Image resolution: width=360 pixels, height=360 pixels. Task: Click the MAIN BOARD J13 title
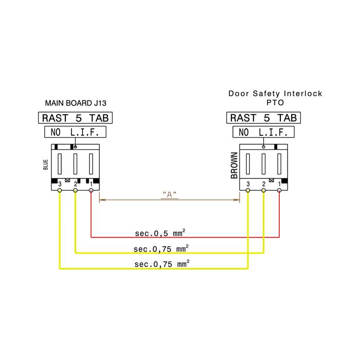coord(76,103)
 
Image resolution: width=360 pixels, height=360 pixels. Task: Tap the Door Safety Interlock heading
coord(275,94)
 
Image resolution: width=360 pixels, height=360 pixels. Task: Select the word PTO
coord(275,103)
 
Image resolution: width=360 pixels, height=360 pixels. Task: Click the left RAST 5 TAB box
coord(75,118)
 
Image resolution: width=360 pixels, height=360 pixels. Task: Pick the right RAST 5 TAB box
coord(263,118)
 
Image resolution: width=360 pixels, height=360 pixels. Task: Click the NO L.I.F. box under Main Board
coord(75,132)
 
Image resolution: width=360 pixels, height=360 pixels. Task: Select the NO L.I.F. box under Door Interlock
coord(263,132)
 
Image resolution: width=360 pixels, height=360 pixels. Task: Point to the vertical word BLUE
coord(45,165)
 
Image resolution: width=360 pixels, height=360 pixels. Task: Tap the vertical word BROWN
coord(234,165)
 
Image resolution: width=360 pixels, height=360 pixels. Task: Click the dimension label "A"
coord(169,195)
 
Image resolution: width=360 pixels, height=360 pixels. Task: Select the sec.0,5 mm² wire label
coord(160,233)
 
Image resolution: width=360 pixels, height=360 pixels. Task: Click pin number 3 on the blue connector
coord(60,184)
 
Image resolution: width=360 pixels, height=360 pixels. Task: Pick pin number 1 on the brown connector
coord(279,184)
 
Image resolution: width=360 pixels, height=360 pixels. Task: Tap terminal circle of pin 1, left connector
coord(91,190)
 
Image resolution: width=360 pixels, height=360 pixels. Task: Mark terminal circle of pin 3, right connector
coord(248,190)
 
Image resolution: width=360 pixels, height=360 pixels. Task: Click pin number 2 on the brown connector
coord(263,184)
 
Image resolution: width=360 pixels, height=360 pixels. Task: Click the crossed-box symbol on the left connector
coord(67,180)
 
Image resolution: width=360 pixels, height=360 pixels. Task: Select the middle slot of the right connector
coord(263,164)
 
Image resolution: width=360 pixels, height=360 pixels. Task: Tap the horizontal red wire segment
coord(185,237)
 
